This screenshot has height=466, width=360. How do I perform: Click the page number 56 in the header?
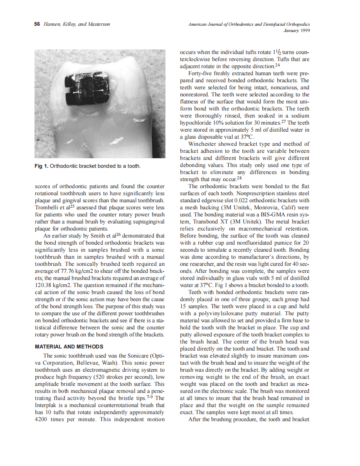(37, 25)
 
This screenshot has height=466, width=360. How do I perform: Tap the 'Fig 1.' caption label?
(41, 166)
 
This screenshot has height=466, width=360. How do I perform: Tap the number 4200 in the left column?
(42, 419)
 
